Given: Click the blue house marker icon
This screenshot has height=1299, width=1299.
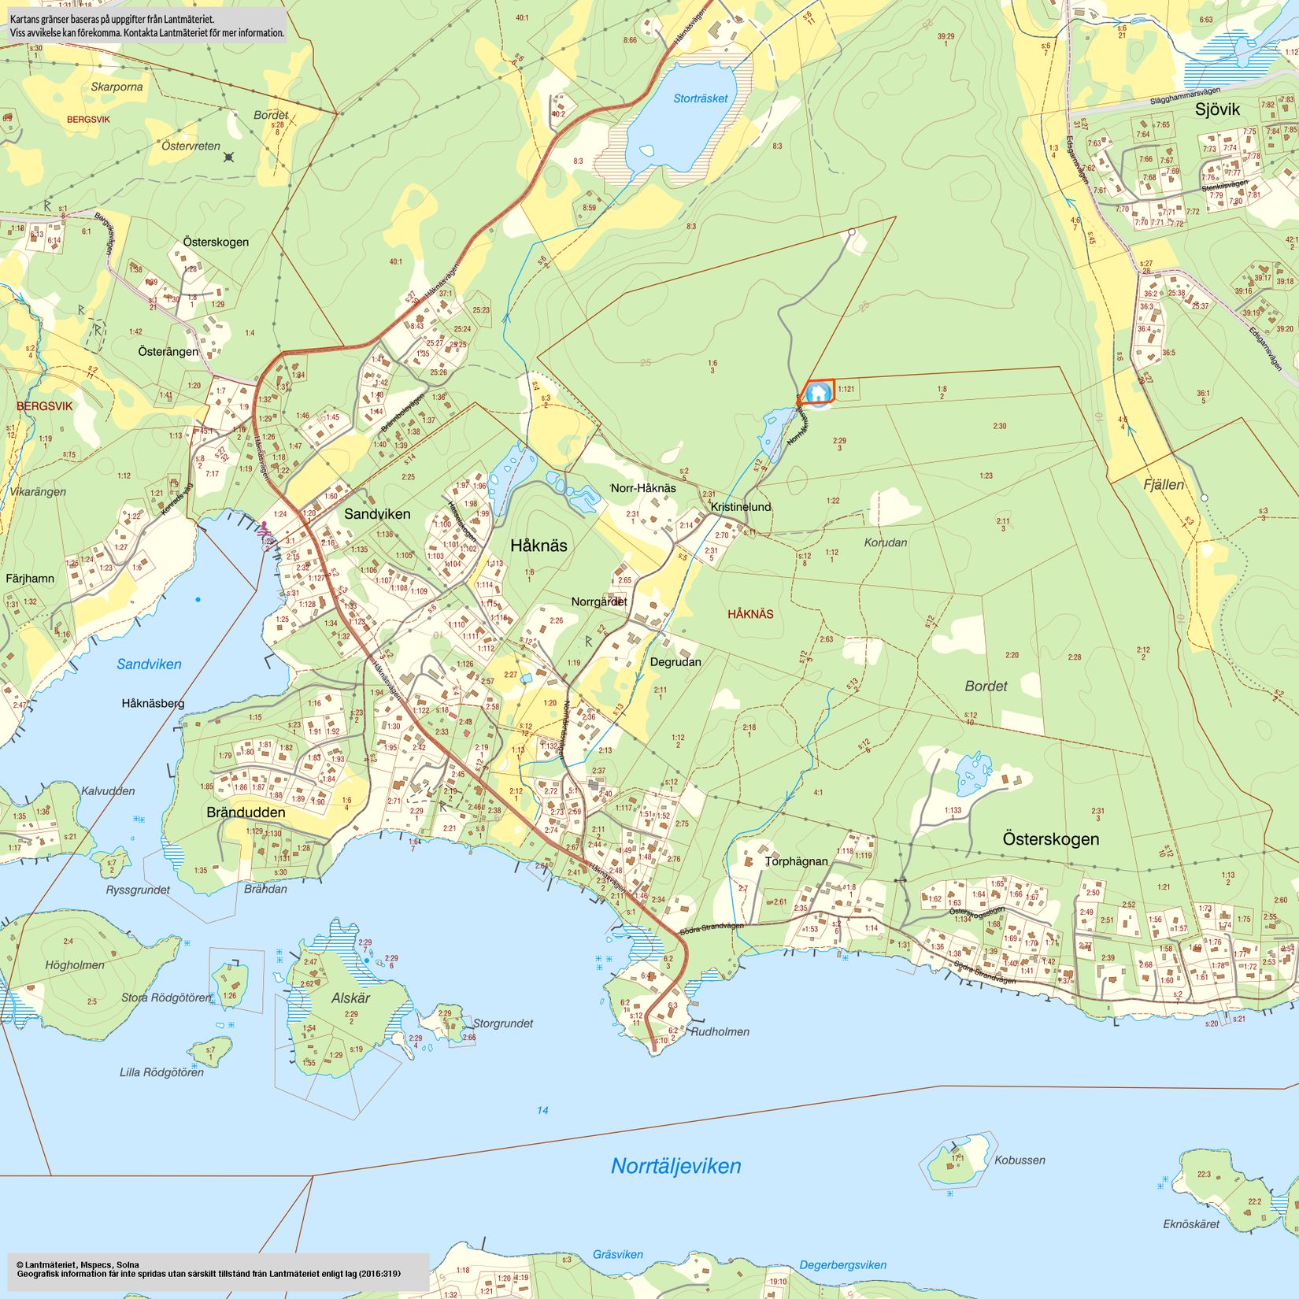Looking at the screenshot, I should coord(819,392).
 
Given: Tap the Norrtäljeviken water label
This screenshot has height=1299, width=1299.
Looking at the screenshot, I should coord(675,1166).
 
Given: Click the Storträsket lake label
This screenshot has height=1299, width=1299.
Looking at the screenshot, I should coord(700,98).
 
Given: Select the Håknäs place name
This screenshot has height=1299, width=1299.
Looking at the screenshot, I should coord(538,545).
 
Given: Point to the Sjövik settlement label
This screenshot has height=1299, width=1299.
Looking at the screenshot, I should coord(1216,109).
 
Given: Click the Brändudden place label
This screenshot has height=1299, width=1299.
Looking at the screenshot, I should coord(246,812).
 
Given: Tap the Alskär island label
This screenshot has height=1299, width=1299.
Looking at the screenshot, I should coord(350,997).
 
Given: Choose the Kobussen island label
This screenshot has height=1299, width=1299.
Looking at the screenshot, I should coord(1020,1160).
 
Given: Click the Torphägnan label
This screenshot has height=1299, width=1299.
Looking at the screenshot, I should coord(796,861).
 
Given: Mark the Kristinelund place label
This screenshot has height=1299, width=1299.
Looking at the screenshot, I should coord(741,507).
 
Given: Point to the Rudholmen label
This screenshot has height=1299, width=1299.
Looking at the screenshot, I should coord(720,1031).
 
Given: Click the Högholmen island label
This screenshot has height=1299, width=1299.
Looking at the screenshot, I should coord(75,964).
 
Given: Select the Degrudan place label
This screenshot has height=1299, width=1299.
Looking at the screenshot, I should coord(675,661).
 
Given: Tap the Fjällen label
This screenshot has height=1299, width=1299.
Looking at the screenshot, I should coord(1164,485).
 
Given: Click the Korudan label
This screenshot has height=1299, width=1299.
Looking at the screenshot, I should coord(885,542).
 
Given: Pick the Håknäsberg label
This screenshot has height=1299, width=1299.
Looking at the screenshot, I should coord(153,703).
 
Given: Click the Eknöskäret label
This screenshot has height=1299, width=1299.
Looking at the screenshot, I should coord(1190,1223).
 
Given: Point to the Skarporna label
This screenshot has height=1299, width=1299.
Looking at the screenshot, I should coord(117,87).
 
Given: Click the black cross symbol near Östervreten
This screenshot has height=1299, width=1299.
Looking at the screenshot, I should coord(228,157).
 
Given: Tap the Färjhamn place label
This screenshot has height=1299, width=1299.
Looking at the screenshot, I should coord(30,578).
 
